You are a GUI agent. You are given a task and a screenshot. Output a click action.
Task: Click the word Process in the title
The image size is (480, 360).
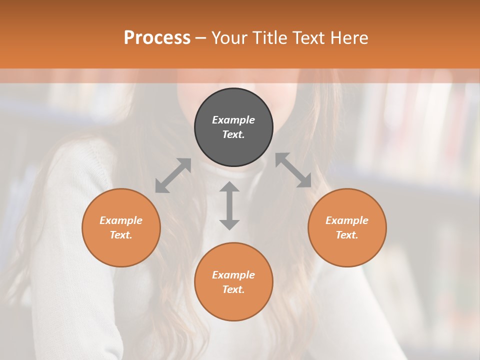pos(157,38)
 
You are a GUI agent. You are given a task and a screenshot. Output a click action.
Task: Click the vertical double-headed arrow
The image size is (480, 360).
pos(229,205)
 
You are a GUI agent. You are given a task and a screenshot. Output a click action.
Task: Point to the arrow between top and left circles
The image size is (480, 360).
pos(173,175)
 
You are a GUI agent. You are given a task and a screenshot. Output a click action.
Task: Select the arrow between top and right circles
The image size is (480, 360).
pos(293,170)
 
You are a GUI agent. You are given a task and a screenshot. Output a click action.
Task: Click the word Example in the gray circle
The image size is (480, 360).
pos(233,120)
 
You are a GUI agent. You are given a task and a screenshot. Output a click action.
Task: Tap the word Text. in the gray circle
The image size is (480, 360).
pos(233,134)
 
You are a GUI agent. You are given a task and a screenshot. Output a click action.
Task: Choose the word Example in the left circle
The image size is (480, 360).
pos(121,220)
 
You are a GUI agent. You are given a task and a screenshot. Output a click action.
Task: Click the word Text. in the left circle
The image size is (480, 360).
pos(121,235)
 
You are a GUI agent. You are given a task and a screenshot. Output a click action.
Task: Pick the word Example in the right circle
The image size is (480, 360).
pos(347,220)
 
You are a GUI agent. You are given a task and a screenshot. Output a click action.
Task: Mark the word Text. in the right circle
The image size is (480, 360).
pos(347,235)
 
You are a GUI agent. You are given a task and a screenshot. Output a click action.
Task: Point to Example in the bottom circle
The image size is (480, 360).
pos(233,275)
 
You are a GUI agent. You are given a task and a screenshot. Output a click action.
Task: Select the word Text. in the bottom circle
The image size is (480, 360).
pos(233,289)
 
